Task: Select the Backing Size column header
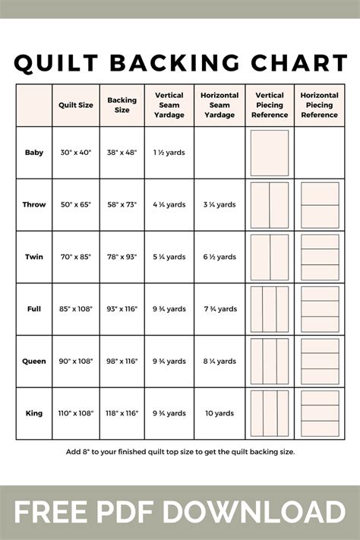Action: click(x=122, y=105)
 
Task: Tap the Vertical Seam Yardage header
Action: click(x=169, y=105)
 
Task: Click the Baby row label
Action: click(x=34, y=153)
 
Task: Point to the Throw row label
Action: click(x=34, y=204)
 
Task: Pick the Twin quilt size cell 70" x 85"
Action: click(x=76, y=257)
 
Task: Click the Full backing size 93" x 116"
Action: click(x=122, y=309)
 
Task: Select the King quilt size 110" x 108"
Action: click(x=76, y=413)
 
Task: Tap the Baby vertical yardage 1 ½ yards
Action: click(x=169, y=153)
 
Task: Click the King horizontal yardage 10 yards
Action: click(x=220, y=413)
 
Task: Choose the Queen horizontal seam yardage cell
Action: click(x=220, y=362)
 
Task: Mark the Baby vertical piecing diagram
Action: click(x=270, y=153)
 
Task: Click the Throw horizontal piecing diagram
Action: click(x=320, y=204)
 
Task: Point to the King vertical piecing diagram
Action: click(x=270, y=413)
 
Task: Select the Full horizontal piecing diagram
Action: click(x=320, y=309)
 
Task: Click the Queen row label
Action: click(x=34, y=362)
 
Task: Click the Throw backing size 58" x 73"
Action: click(x=122, y=204)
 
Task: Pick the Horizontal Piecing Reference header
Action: click(x=320, y=105)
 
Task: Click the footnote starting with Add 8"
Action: click(x=180, y=451)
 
